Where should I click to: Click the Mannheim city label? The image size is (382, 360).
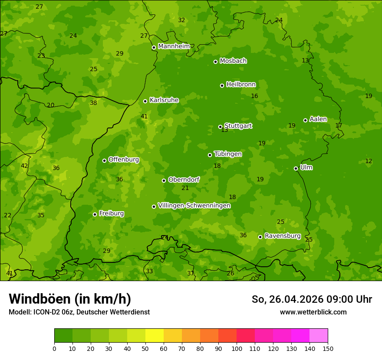174,46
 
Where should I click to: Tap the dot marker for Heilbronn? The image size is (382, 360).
222,85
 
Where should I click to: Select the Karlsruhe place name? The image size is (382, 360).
164,100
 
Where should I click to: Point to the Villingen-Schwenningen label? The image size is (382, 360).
194,206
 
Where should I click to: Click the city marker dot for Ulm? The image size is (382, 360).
296,168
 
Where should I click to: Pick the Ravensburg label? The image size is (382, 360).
282,236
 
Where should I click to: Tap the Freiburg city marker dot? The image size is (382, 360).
95,214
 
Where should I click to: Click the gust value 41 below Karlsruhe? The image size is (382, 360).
144,116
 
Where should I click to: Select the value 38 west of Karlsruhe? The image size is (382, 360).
93,103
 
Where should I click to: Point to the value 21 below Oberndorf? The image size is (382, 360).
185,188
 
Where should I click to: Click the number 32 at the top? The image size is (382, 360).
181,20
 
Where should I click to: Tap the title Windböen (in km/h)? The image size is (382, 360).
70,299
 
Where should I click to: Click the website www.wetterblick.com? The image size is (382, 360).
313,312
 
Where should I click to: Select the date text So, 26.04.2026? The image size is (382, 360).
288,299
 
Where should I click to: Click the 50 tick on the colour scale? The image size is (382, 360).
164,349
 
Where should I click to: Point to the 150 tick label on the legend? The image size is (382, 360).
328,349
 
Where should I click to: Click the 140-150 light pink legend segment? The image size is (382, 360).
319,336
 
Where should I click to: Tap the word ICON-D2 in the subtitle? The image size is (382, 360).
46,312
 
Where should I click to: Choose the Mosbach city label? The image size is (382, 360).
233,61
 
